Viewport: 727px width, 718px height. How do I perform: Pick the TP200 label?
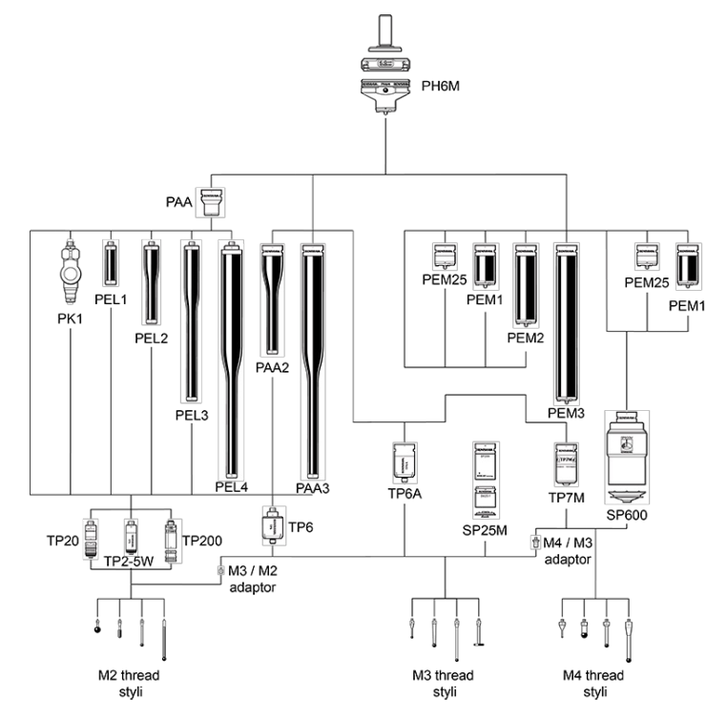[x=201, y=540]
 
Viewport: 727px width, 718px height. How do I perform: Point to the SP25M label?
[x=488, y=525]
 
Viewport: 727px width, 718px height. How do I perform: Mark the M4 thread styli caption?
[x=595, y=682]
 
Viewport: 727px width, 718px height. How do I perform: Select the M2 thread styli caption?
[x=134, y=682]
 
